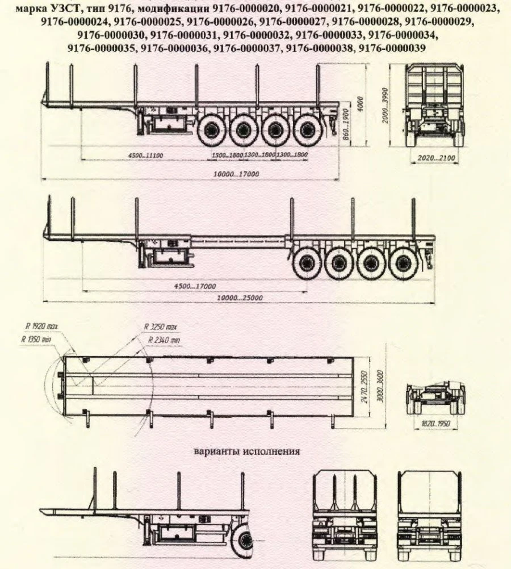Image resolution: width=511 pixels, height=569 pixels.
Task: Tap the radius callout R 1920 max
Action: pos(41,326)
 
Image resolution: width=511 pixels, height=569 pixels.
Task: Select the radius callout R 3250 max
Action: pos(161,327)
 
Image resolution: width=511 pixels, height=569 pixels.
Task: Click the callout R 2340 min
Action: pos(164,339)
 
